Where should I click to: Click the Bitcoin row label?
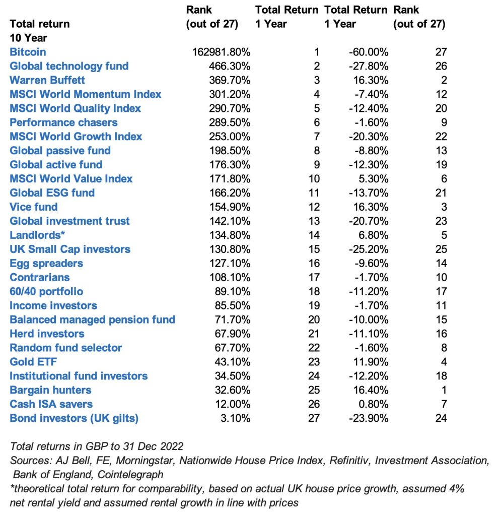28,52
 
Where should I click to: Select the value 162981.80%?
222,52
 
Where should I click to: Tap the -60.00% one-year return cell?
368,52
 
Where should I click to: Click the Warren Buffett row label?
47,80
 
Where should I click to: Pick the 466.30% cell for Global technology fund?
230,66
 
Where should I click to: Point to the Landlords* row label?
34,235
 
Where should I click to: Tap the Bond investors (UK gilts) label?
74,418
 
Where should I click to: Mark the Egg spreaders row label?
46,263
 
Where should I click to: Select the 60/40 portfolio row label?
46,291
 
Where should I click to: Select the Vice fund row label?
34,207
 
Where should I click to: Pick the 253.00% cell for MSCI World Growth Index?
230,137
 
